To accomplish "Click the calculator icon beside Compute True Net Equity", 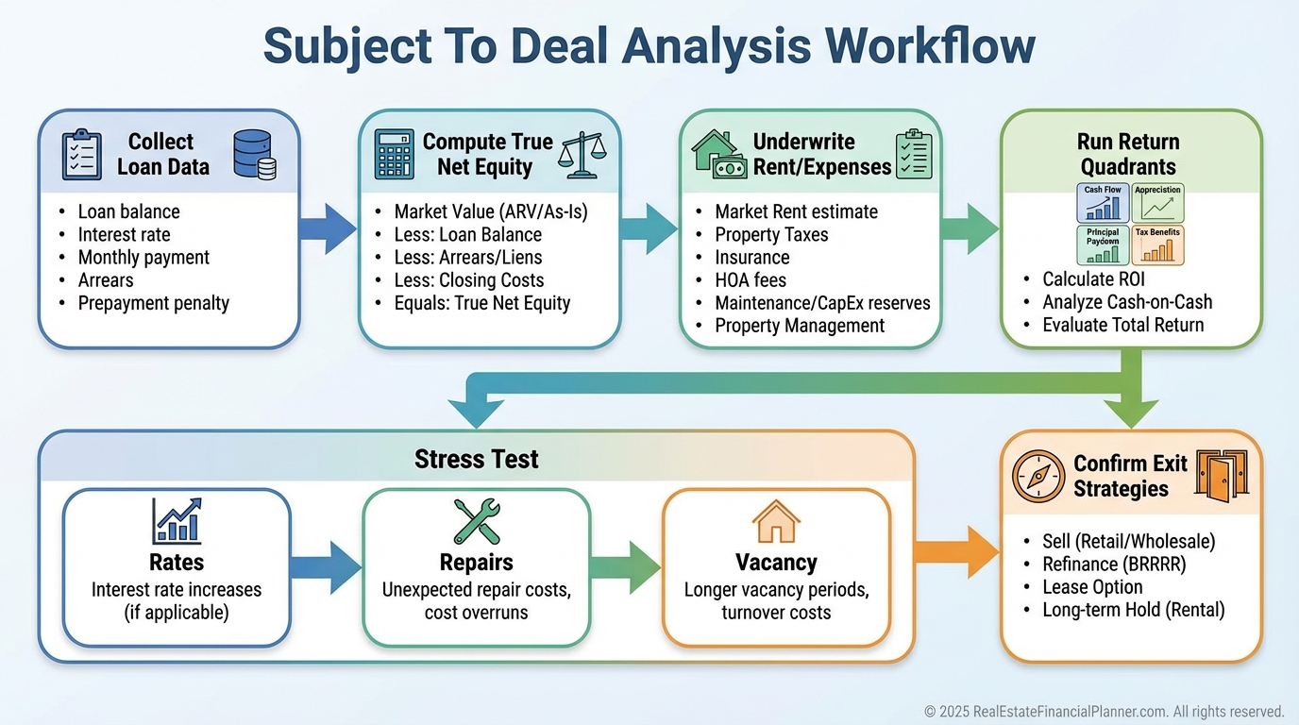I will pyautogui.click(x=394, y=155).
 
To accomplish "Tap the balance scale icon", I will pyautogui.click(x=582, y=153).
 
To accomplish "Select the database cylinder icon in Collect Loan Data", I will pyautogui.click(x=254, y=155).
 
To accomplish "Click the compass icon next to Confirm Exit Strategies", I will pyautogui.click(x=1038, y=476).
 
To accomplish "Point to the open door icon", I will pyautogui.click(x=1222, y=475).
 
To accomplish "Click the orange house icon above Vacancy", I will pyautogui.click(x=776, y=521).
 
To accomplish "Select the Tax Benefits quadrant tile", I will pyautogui.click(x=1157, y=244).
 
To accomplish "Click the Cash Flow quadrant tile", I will pyautogui.click(x=1103, y=203).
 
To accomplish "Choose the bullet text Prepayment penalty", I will pyautogui.click(x=154, y=303).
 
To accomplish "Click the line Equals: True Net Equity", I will pyautogui.click(x=482, y=303).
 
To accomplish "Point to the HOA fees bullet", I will pyautogui.click(x=751, y=280).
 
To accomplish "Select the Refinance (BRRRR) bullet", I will pyautogui.click(x=1114, y=565).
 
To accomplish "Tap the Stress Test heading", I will pyautogui.click(x=477, y=460).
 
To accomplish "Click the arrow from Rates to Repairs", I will pyautogui.click(x=326, y=567).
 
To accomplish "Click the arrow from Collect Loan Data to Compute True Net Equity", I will pyautogui.click(x=328, y=228).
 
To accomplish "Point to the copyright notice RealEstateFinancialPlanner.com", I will pyautogui.click(x=1104, y=711).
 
